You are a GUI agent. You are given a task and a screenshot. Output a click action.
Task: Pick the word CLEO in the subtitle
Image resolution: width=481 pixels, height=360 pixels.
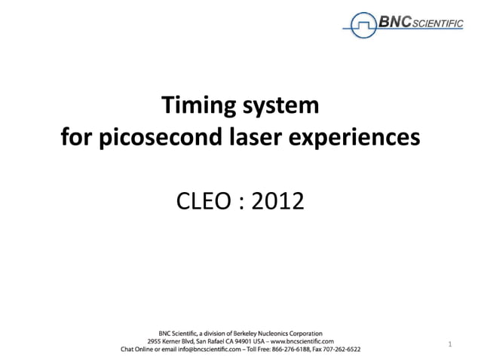[x=201, y=201]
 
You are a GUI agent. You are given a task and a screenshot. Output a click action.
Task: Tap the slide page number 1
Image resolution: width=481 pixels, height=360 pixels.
[x=450, y=345]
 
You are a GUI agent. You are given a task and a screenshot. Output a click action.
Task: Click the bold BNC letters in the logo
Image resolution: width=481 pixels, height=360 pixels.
[x=394, y=23]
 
